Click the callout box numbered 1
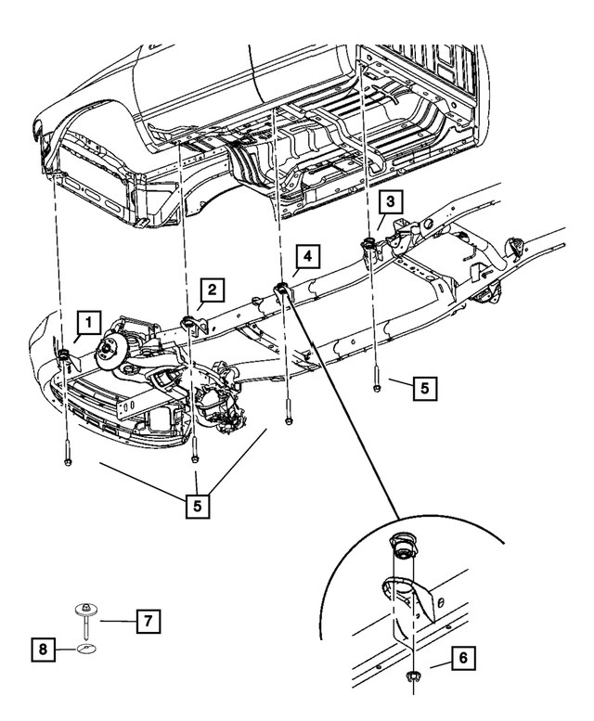pos(88,322)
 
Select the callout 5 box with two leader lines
pos(197,506)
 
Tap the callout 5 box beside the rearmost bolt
pos(424,388)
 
